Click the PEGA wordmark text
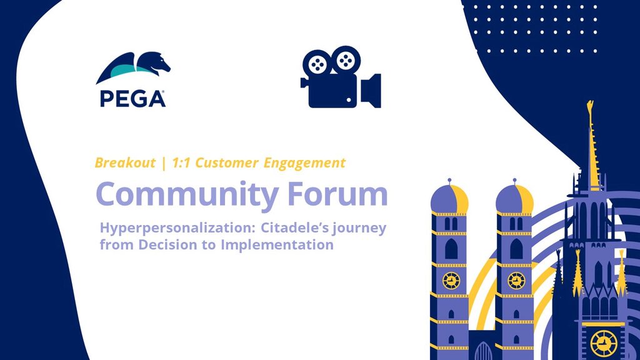(x=132, y=99)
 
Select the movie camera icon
(x=341, y=77)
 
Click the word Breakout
(x=125, y=163)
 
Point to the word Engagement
(x=304, y=163)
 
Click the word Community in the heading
(x=187, y=195)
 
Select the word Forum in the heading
(x=337, y=194)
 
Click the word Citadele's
(x=295, y=227)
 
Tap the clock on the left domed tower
(x=451, y=281)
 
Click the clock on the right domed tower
(x=516, y=281)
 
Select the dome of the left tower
(x=449, y=199)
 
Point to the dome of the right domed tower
(x=515, y=199)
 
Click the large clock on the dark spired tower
(x=604, y=344)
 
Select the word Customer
(x=227, y=163)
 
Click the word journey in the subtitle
(x=359, y=229)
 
